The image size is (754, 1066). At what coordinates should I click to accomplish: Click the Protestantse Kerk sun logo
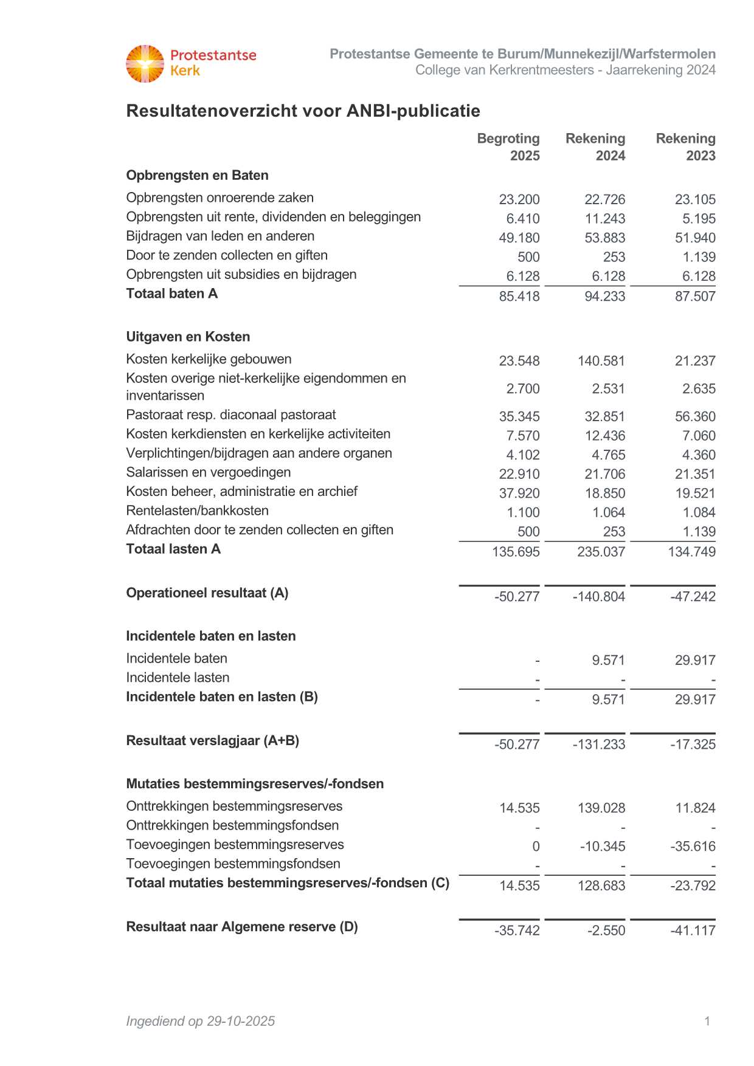[145, 63]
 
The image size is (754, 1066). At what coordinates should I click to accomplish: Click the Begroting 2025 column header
[509, 147]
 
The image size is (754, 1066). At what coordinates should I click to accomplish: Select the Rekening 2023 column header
[686, 147]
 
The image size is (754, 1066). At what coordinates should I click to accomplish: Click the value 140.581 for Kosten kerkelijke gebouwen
[601, 361]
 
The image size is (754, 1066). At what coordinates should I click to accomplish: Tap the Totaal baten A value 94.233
[604, 297]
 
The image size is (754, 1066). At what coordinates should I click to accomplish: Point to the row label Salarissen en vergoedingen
[208, 472]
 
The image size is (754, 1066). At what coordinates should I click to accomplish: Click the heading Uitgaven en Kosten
[188, 337]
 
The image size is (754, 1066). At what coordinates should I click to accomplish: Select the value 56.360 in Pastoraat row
[695, 417]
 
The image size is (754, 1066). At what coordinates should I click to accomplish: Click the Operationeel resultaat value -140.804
[599, 597]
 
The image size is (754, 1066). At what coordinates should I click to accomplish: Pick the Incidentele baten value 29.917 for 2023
[695, 661]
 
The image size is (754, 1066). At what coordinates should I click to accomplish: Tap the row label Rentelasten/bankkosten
[197, 511]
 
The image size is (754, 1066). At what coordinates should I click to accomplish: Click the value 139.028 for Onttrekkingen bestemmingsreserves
[601, 808]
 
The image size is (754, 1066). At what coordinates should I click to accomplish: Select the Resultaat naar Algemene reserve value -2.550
[606, 931]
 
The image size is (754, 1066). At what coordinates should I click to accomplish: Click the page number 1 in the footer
[707, 1021]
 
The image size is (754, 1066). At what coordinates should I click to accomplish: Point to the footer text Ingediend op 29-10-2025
[200, 1021]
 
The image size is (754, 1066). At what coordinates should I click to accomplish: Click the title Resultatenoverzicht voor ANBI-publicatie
[303, 111]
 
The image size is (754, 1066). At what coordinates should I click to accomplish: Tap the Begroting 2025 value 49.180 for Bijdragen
[519, 238]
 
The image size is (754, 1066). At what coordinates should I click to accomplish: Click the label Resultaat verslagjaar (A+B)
[212, 741]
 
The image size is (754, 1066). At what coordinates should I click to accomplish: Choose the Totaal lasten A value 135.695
[516, 552]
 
